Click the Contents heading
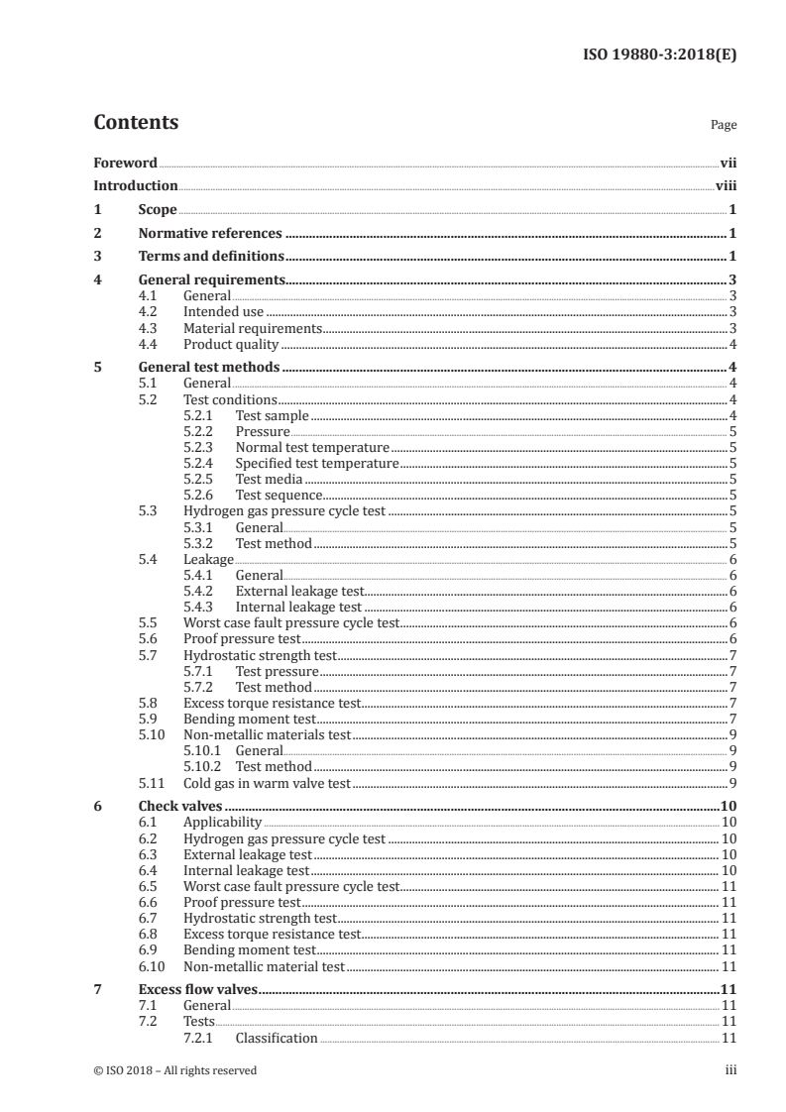136,123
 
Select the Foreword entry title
125,163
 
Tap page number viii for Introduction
726,185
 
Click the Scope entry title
158,210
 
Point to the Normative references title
210,234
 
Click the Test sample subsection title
272,415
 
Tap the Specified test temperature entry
316,463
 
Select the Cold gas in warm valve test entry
267,783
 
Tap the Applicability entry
223,822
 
